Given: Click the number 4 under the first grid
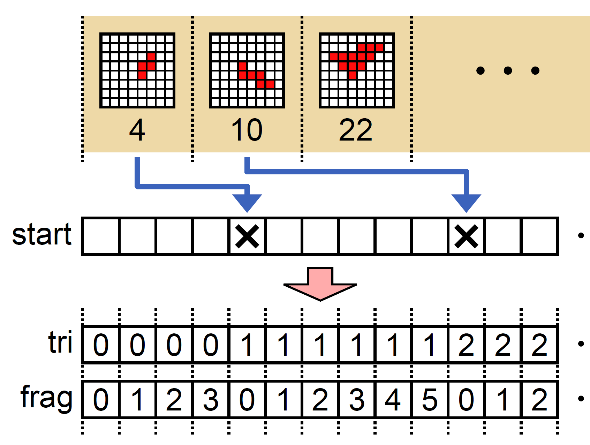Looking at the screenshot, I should point(137,130).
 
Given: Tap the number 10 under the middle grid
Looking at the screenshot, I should point(247,130).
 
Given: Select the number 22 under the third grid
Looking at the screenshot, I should point(356,130).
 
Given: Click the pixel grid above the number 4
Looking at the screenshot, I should point(137,70).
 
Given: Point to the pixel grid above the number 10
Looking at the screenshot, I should point(247,70).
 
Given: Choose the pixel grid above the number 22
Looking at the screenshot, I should point(357,70).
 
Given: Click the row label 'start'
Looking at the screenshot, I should point(42,234).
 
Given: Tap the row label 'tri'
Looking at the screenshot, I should point(60,342).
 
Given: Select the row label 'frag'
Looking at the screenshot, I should point(46,398).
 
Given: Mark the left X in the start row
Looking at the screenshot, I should point(247,236).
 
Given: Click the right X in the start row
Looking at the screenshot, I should point(466,236).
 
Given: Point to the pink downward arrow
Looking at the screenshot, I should point(320,284).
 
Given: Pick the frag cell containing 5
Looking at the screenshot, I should point(430,400).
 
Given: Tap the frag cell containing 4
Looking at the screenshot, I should point(393,400).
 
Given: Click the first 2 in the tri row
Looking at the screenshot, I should point(466,345).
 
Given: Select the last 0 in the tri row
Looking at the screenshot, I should point(210,345).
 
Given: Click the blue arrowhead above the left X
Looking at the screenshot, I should point(247,203).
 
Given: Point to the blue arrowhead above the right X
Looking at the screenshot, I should point(466,203).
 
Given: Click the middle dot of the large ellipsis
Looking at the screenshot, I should point(508,71).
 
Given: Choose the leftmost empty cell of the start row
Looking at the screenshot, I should point(101,236).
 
